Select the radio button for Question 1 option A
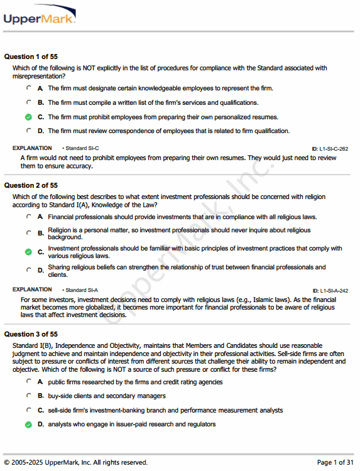pyautogui.click(x=28, y=89)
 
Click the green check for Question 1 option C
pyautogui.click(x=28, y=117)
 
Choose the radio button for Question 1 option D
pyautogui.click(x=28, y=131)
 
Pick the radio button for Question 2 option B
pyautogui.click(x=28, y=233)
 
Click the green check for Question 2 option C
pyautogui.click(x=28, y=252)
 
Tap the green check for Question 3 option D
pyautogui.click(x=28, y=425)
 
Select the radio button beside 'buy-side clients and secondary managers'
pyautogui.click(x=28, y=396)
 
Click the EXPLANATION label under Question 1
pyautogui.click(x=32, y=148)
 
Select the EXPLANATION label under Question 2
pyautogui.click(x=32, y=290)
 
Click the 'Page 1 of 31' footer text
pyautogui.click(x=335, y=462)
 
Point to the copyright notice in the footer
pyautogui.click(x=76, y=462)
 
